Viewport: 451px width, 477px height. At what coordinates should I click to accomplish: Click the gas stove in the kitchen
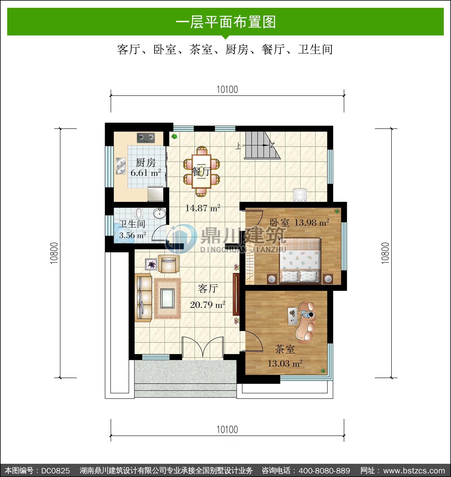click(x=146, y=138)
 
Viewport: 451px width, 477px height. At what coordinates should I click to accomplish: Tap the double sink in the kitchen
click(x=121, y=166)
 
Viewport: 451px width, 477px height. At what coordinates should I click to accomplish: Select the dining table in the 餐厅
click(x=201, y=171)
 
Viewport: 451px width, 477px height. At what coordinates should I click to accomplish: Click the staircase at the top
click(x=262, y=145)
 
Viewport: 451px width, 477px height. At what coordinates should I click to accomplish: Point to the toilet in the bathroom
click(x=138, y=213)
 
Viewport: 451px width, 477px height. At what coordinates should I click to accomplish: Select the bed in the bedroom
click(x=300, y=260)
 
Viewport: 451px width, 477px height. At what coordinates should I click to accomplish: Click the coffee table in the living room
click(x=167, y=298)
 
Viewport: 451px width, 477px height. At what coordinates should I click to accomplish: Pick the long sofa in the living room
click(x=143, y=298)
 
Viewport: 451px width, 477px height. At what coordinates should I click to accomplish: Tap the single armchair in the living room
click(x=169, y=264)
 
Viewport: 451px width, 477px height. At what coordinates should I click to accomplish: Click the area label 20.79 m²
click(x=207, y=305)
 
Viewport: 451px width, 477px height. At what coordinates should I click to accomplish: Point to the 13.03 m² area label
click(x=285, y=363)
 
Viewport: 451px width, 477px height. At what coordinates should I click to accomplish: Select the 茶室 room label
click(x=285, y=349)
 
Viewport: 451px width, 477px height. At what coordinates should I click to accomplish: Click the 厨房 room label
click(x=146, y=163)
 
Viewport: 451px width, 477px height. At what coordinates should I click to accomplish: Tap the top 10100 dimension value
click(x=227, y=89)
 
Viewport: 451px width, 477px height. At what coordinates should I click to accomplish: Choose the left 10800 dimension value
click(x=54, y=253)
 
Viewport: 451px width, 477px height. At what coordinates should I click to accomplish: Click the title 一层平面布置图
click(x=226, y=22)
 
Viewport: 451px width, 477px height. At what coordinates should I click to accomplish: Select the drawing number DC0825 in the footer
click(x=56, y=470)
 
